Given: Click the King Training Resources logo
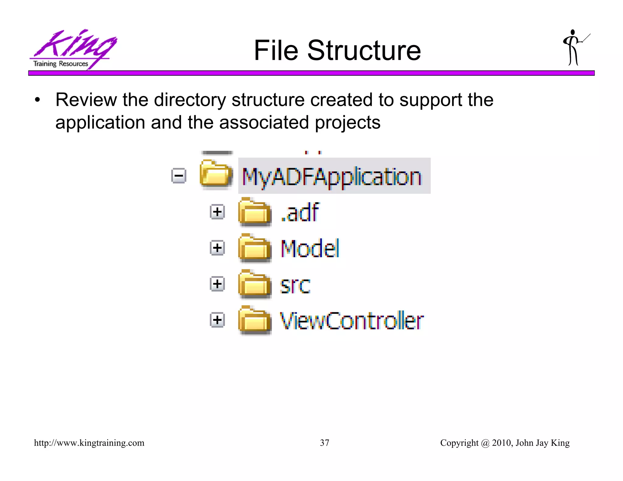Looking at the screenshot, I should (73, 49).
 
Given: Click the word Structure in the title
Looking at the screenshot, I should (364, 50).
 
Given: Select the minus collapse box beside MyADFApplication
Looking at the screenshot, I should (179, 176).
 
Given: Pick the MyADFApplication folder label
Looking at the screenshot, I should (332, 177).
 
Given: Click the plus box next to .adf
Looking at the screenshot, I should (217, 212).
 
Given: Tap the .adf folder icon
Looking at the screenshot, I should (255, 212).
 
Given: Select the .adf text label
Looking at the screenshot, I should (300, 212).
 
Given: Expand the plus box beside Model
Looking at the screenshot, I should (217, 248).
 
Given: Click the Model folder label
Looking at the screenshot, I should (310, 248).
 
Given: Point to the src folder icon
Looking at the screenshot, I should (255, 284).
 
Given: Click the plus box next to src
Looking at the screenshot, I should (217, 284).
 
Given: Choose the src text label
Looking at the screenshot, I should (295, 285).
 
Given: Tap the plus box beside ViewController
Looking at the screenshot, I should (217, 320).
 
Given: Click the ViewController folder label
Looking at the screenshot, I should (352, 321).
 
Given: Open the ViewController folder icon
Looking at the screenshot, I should (255, 320).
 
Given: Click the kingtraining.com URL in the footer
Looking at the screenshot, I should (89, 443).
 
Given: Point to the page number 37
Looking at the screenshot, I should (325, 443).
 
